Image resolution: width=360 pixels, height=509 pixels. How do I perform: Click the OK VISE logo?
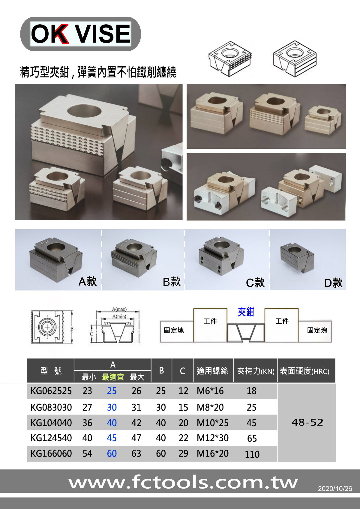click(x=80, y=34)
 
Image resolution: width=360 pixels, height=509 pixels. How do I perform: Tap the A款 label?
click(x=88, y=281)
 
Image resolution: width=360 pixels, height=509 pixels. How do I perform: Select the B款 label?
click(x=172, y=282)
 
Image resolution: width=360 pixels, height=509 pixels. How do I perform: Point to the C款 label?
click(x=255, y=283)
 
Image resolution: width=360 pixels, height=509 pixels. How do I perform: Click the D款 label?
click(x=333, y=283)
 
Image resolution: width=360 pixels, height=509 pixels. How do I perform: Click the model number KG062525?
click(x=51, y=391)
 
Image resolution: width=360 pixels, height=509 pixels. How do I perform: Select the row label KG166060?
click(x=51, y=454)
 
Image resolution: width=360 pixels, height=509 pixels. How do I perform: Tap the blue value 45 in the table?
click(x=112, y=438)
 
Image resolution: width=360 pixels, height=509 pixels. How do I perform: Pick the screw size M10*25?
click(x=212, y=423)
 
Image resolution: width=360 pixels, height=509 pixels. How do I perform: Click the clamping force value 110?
click(x=252, y=454)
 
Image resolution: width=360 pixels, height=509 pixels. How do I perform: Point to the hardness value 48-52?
click(x=307, y=422)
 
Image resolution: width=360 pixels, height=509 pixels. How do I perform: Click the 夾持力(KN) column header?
click(x=256, y=371)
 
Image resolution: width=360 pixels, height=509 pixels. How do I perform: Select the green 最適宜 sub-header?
click(x=113, y=377)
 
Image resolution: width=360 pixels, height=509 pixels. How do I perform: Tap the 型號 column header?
click(x=51, y=371)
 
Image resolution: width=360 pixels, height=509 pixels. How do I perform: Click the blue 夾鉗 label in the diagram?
click(x=246, y=312)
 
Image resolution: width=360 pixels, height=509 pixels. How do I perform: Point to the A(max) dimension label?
click(x=119, y=309)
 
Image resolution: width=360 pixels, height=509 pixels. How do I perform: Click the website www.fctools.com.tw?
click(x=183, y=483)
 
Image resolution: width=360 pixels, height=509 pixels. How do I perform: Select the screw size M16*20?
click(x=212, y=454)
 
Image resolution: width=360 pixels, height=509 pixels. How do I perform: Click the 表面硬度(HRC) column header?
click(x=304, y=371)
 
